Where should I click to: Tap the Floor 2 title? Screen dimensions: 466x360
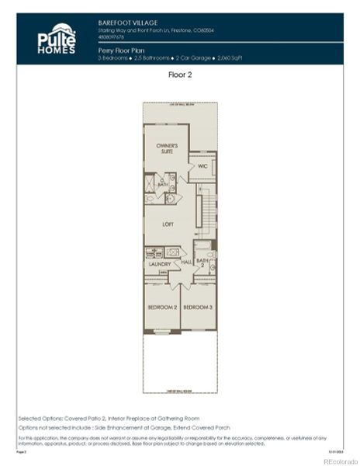click(179, 75)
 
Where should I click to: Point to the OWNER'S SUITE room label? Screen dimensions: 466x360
click(167, 149)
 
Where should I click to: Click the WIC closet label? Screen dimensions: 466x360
click(202, 165)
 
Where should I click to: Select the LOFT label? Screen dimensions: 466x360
click(167, 224)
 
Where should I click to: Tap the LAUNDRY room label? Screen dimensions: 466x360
click(160, 265)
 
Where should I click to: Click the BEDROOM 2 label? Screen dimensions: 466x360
click(162, 308)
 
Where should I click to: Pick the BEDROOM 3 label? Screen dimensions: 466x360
click(198, 308)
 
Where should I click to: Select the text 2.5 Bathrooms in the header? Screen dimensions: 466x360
click(150, 57)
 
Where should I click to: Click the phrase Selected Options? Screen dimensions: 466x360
click(36, 419)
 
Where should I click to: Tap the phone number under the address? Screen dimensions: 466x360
click(112, 36)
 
